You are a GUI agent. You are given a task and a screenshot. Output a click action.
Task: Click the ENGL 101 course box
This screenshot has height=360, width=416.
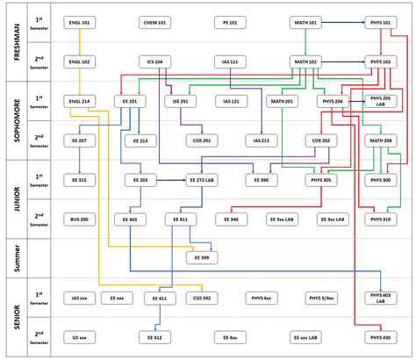80,21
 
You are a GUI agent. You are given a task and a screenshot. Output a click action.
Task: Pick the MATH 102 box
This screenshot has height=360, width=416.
306,61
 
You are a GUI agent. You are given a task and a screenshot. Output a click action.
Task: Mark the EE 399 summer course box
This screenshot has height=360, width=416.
203,257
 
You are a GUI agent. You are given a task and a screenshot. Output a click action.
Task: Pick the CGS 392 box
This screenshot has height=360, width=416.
203,299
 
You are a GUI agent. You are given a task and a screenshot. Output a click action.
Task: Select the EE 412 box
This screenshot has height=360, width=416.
156,337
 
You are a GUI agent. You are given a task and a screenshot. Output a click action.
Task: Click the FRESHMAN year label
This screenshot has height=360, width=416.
17,41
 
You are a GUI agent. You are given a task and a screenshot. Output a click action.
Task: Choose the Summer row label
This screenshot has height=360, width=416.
17,257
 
